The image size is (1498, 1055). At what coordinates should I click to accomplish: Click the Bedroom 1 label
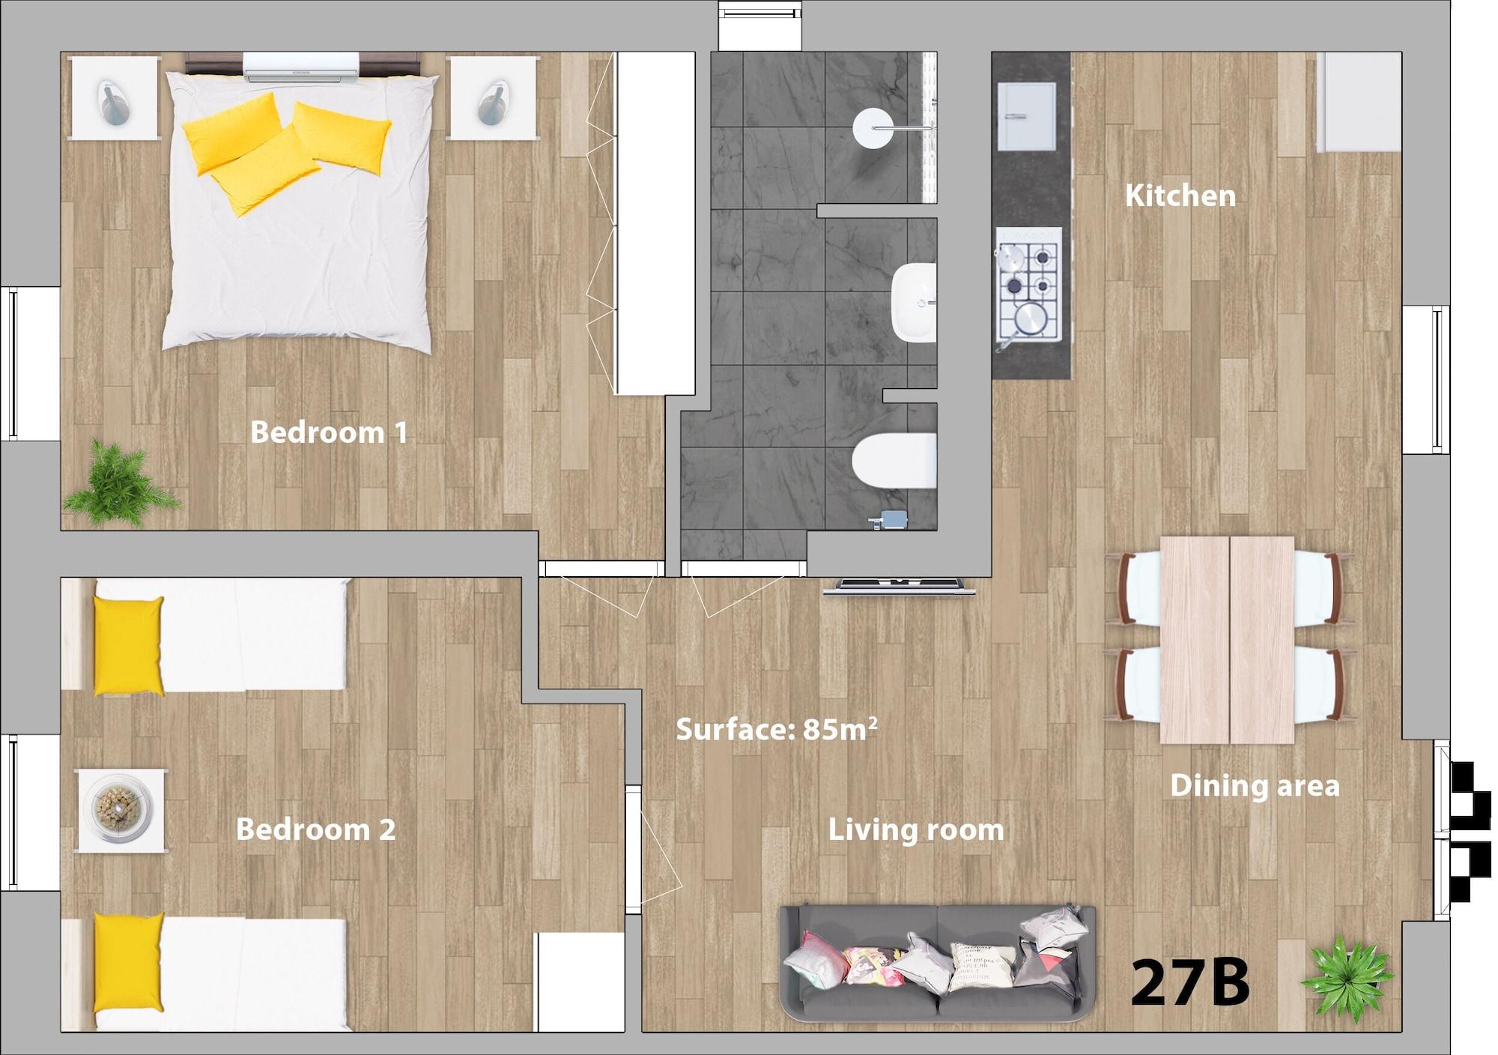click(329, 432)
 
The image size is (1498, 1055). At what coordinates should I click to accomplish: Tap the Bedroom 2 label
click(315, 829)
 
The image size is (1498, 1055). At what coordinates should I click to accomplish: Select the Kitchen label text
click(1180, 196)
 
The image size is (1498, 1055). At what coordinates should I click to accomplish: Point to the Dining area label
click(1255, 785)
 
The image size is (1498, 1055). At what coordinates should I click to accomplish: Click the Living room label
click(916, 829)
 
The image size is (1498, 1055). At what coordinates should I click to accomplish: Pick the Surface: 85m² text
click(777, 728)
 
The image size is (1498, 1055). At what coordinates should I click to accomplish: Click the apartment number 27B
click(1190, 982)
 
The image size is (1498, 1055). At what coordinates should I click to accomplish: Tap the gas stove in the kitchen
click(1029, 285)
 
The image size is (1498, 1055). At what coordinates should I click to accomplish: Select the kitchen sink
click(1027, 116)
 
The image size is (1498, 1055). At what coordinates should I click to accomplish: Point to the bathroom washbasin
click(914, 303)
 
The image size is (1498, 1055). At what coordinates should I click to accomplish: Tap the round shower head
click(873, 128)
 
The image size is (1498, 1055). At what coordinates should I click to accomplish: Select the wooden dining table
click(1227, 640)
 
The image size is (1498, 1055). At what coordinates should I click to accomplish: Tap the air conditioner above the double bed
click(302, 67)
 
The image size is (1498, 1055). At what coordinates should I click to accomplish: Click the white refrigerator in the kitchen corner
click(1359, 102)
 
